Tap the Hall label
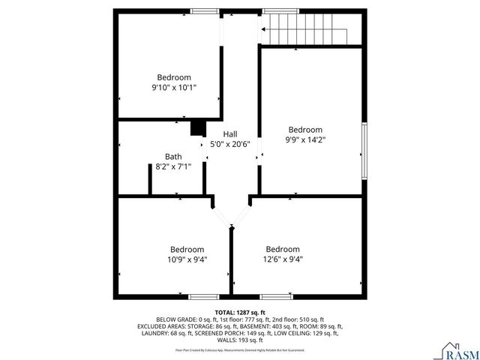230,133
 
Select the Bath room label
173,157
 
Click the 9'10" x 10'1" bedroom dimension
173,87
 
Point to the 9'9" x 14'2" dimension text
305,139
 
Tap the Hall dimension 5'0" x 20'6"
230,143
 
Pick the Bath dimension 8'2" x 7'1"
173,166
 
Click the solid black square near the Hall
198,128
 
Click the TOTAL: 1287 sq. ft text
240,312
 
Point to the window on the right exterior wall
364,149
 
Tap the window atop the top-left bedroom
204,11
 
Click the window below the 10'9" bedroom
204,296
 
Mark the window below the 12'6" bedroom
276,296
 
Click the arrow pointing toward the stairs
263,30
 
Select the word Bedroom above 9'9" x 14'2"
305,129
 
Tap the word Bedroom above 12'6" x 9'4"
283,249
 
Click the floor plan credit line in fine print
240,349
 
